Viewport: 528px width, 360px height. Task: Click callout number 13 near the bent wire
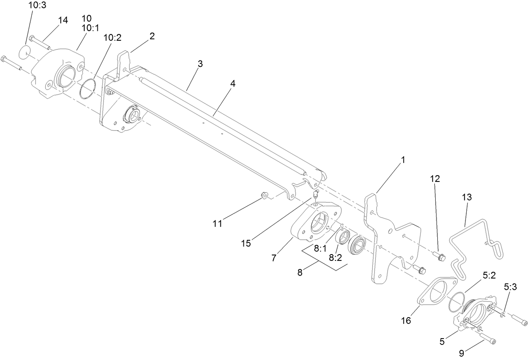click(467, 197)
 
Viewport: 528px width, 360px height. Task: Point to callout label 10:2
click(112, 37)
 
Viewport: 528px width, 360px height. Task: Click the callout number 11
click(217, 223)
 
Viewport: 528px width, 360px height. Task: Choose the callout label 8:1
click(320, 248)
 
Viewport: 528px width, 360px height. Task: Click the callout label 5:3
click(511, 287)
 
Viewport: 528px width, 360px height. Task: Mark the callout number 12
click(434, 178)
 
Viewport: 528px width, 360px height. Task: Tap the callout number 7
click(274, 258)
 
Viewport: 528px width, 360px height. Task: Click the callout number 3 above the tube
click(200, 64)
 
